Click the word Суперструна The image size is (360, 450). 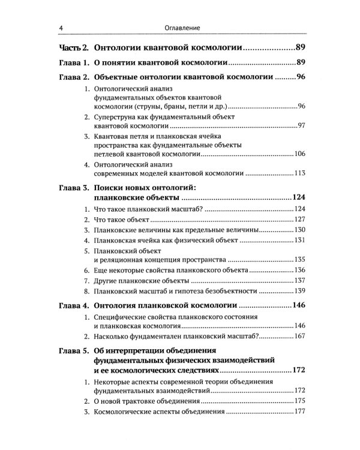coord(119,116)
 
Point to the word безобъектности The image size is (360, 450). coord(229,292)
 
